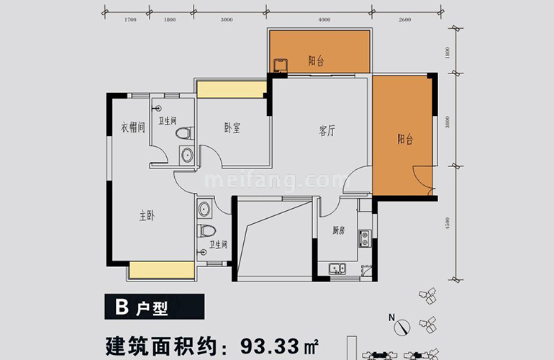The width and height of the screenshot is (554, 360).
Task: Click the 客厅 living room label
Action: [327, 131]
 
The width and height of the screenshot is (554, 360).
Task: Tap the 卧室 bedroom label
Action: [232, 128]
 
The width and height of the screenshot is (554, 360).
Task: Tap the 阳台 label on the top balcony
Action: [316, 62]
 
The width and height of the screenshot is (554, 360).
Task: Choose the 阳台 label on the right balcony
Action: [405, 140]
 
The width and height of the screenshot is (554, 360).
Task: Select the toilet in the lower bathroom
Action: [205, 231]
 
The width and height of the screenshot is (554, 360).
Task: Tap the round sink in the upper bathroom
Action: [187, 154]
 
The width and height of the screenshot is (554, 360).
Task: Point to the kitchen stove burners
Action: [365, 236]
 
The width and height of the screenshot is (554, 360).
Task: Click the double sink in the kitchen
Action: [337, 270]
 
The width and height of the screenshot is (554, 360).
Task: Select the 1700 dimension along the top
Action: [130, 19]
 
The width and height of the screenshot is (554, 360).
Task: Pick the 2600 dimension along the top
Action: [404, 19]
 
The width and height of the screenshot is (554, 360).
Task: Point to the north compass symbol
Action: [402, 325]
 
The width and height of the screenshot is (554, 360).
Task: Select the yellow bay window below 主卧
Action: [162, 271]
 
